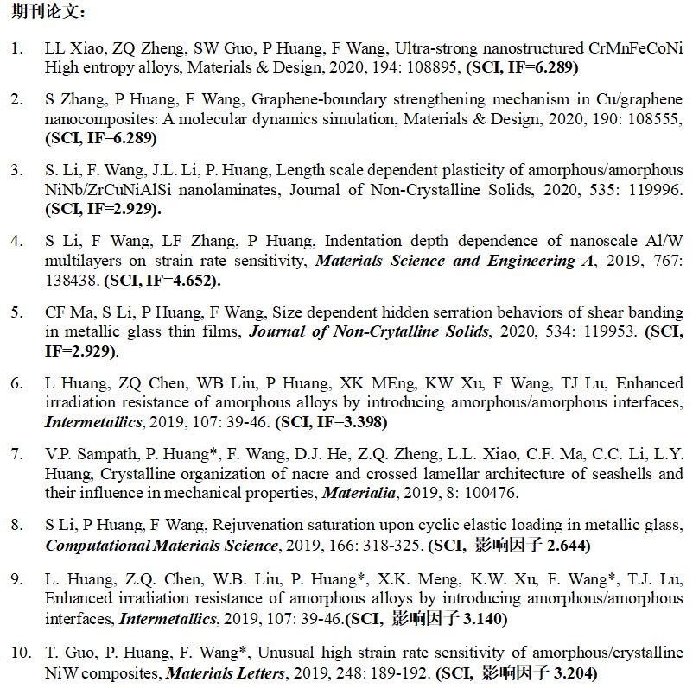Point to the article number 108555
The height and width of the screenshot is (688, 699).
[650, 119]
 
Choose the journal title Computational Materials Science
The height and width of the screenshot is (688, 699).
[162, 546]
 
